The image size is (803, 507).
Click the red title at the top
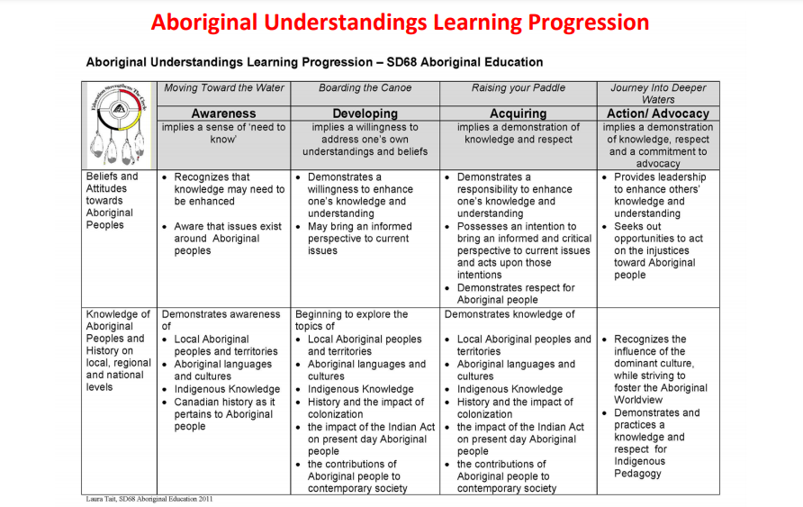[400, 23]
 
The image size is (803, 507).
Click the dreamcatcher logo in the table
[119, 124]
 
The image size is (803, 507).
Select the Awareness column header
[224, 113]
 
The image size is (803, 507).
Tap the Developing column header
[365, 113]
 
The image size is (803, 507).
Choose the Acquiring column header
[519, 113]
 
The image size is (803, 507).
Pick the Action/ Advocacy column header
[658, 113]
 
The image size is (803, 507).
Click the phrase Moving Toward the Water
[224, 87]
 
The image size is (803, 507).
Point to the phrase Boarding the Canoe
[365, 87]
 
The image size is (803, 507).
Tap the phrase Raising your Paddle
[519, 87]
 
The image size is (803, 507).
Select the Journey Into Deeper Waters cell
[658, 94]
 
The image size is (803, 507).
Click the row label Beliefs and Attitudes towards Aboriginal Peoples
[113, 200]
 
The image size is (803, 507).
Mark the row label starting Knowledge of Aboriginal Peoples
[118, 350]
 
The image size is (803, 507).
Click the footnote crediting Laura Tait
[149, 499]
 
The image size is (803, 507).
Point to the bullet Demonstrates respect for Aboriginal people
[516, 294]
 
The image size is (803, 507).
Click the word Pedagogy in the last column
[637, 473]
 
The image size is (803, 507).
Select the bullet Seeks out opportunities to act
[658, 250]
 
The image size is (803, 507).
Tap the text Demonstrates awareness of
[221, 320]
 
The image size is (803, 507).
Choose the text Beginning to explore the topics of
[351, 320]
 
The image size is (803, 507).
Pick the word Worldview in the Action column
[638, 400]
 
